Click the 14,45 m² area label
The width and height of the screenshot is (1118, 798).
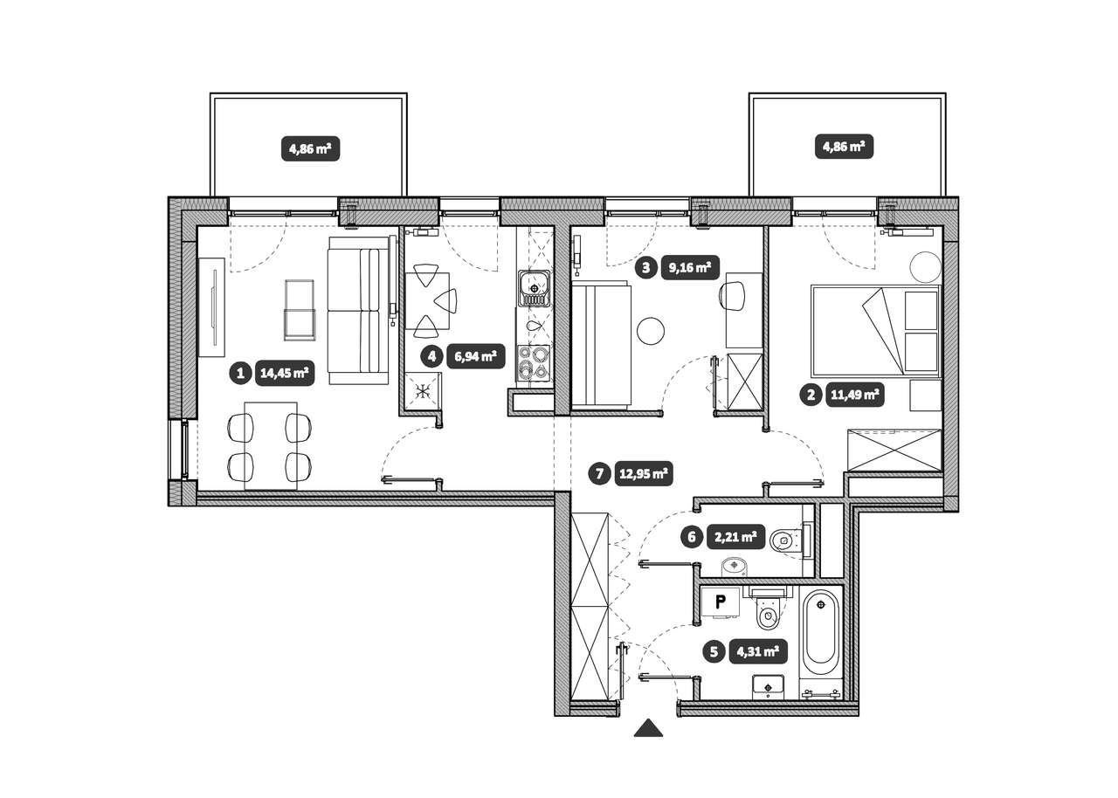pos(285,373)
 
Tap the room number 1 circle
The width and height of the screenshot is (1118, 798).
pos(240,373)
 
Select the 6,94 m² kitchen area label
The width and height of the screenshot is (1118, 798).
pos(476,356)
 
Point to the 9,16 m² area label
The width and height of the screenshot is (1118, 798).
pos(690,268)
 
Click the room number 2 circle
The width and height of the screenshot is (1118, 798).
pos(811,395)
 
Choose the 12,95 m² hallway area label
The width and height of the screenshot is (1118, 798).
pos(644,473)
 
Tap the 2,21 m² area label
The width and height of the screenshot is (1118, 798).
pos(735,537)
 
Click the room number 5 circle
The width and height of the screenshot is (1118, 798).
pos(714,651)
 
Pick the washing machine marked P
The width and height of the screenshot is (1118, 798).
pos(721,602)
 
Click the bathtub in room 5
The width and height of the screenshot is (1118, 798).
pos(820,632)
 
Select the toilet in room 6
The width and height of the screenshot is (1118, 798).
pos(791,540)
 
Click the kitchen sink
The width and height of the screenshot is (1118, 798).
pos(534,288)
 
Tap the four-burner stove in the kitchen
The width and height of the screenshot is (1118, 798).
pos(534,363)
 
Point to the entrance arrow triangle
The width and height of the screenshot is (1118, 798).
pos(648,728)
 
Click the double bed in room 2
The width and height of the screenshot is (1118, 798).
pos(876,330)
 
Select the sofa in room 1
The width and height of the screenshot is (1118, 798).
pos(358,310)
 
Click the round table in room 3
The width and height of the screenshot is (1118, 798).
pos(651,330)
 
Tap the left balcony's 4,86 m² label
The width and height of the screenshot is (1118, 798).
pos(310,148)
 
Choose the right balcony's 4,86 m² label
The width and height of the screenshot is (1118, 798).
pos(844,147)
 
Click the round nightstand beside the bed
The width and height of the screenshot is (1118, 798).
pos(925,267)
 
